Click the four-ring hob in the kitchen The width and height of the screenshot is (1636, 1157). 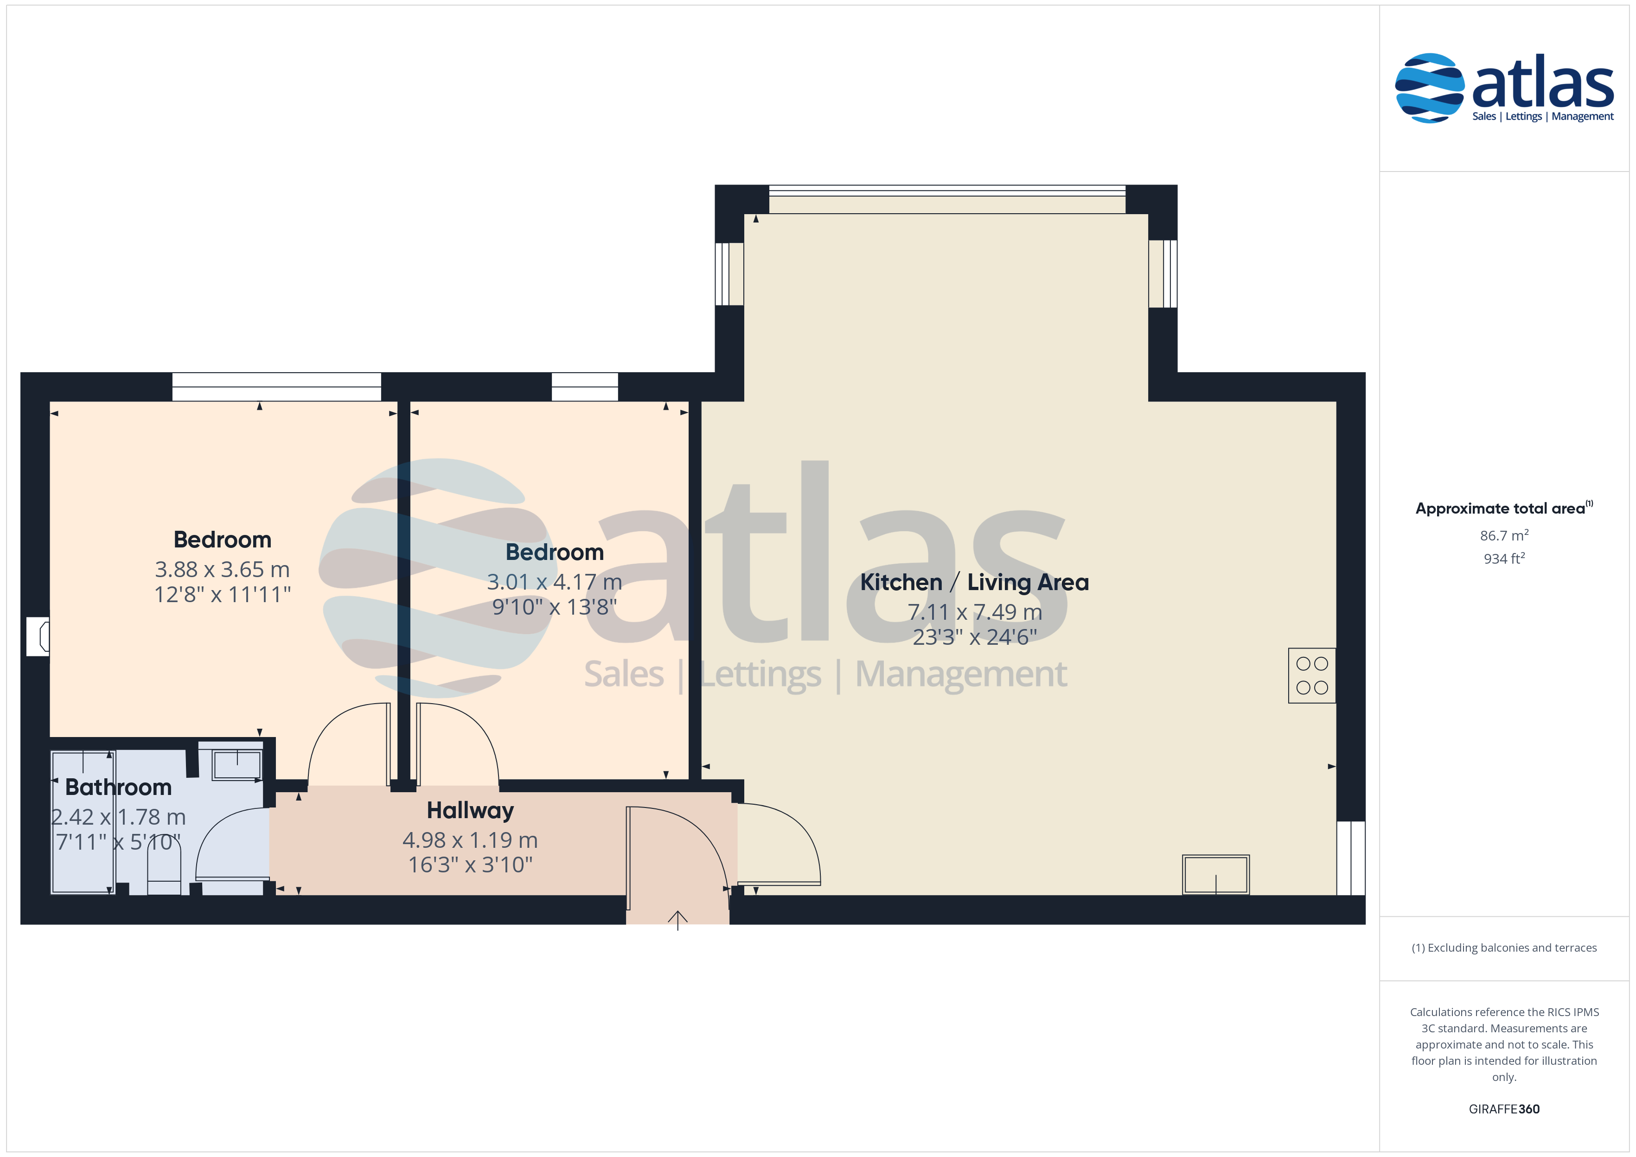coord(1312,675)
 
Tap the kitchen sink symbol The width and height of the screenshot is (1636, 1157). coord(1215,874)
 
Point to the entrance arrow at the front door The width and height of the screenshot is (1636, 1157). coord(677,921)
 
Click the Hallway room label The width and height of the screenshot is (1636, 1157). coord(470,811)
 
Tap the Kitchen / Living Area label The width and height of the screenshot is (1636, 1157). coord(974,583)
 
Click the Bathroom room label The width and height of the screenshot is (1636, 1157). coord(118,787)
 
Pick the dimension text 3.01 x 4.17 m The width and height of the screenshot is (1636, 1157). coord(554,582)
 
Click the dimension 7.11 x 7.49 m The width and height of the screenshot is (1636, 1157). coord(975,612)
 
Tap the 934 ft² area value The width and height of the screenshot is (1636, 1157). coord(1504,559)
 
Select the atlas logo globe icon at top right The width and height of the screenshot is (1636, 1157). coord(1429,89)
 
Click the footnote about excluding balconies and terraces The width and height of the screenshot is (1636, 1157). coord(1504,947)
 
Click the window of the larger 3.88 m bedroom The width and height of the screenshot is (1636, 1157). coord(276,387)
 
